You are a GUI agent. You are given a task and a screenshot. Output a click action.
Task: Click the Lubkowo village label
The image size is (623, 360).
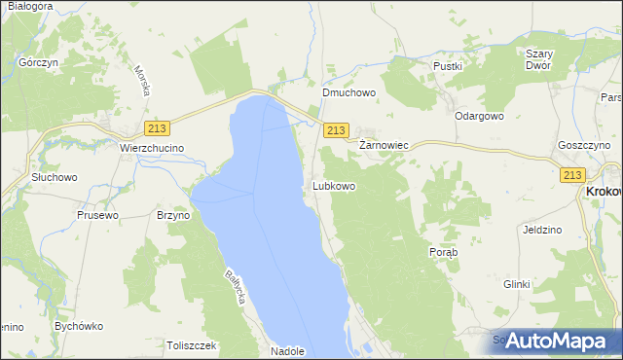[x=334, y=185]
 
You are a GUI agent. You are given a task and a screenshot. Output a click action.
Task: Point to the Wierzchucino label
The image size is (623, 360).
[x=152, y=148]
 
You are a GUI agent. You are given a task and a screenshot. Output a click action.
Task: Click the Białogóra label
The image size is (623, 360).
[x=28, y=6]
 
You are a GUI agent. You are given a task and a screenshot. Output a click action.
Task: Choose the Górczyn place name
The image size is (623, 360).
[x=38, y=61]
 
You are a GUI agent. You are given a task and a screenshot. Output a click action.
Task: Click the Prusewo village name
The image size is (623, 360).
[x=97, y=215]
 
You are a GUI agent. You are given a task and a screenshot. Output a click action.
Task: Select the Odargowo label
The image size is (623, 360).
[x=479, y=115]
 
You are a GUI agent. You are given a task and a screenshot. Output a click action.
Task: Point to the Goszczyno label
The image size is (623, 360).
[x=585, y=144]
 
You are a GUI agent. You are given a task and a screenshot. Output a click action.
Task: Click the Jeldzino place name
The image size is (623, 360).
[x=542, y=230]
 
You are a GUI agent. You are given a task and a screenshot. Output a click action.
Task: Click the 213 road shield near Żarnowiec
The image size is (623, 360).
[x=336, y=129]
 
